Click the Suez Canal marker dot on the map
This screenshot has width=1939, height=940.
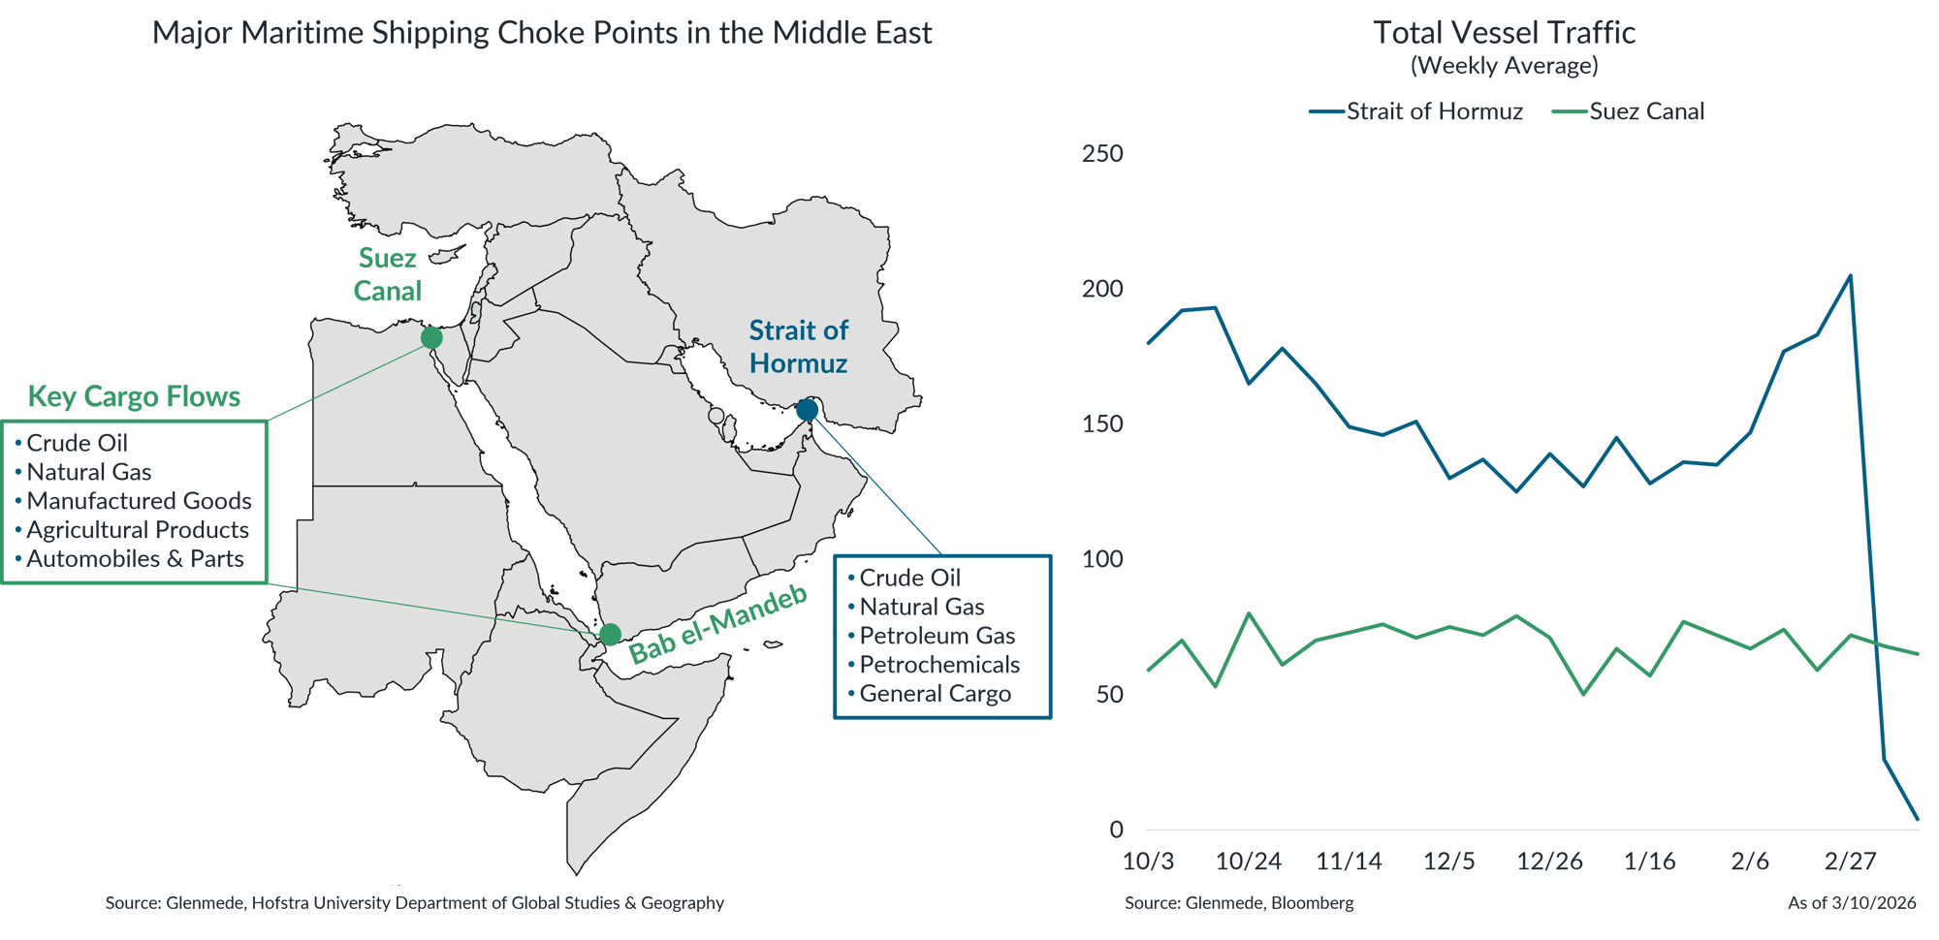tap(431, 337)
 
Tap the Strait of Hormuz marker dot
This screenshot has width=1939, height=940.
tap(808, 410)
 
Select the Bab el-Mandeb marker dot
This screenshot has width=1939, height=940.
tap(609, 635)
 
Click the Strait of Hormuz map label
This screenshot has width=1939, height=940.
tap(798, 347)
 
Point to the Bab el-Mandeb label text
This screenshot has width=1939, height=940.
tap(718, 624)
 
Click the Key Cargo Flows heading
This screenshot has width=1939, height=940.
tap(134, 396)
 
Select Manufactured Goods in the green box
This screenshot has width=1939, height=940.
tap(139, 501)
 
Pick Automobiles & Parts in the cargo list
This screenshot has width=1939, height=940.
tap(135, 559)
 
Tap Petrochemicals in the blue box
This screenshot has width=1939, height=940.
tap(938, 665)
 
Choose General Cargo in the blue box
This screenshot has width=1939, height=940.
tap(935, 694)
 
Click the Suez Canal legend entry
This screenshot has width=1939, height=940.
tap(1645, 111)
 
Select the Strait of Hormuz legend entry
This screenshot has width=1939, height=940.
tap(1433, 111)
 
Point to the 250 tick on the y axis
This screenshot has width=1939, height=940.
tap(1102, 153)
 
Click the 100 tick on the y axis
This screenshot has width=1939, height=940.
tap(1102, 559)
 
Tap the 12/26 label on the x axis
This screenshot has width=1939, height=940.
tap(1549, 862)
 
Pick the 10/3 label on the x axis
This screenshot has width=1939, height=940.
tap(1148, 862)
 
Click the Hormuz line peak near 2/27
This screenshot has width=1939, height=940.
tap(1851, 275)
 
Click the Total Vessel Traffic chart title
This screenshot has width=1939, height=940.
tap(1504, 33)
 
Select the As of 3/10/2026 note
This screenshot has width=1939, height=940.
tap(1852, 903)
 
